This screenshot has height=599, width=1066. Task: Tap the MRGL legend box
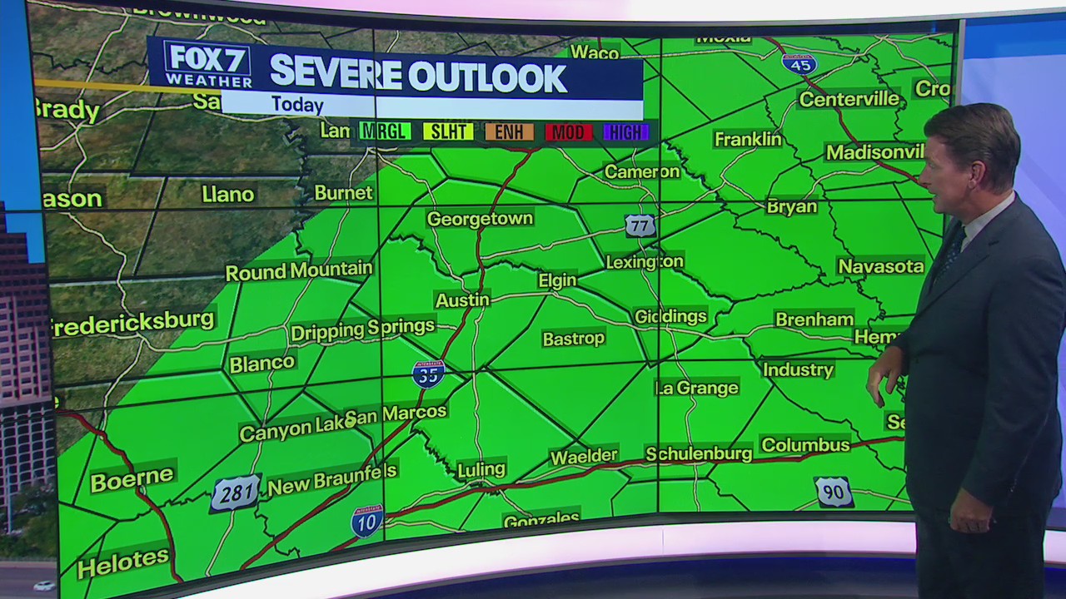385,131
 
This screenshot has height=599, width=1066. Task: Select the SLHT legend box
448,131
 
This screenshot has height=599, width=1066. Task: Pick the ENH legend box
509,131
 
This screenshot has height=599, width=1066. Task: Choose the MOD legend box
570,131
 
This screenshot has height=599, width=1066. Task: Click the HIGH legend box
626,131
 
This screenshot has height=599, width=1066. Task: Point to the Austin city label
462,299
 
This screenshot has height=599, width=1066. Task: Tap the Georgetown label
480,219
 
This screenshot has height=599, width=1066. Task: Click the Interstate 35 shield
428,374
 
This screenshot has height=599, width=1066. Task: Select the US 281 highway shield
235,493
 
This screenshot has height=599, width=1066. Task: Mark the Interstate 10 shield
366,521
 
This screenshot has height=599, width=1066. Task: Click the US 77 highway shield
640,225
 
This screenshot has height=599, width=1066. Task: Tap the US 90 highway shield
834,492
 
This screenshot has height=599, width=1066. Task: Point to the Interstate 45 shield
799,64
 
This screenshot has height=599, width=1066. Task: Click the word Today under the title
296,105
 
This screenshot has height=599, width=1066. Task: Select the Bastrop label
573,339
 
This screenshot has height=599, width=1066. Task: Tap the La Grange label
697,388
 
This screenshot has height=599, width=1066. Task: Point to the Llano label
227,195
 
